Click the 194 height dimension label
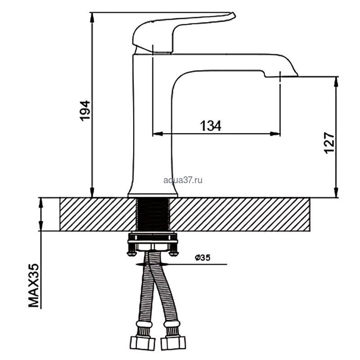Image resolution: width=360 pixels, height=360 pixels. [85, 111]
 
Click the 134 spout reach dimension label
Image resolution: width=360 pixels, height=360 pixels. [211, 126]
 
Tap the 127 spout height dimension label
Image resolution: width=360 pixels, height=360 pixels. [329, 143]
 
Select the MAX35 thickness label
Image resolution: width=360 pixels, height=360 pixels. [33, 285]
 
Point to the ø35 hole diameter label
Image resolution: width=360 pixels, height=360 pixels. [202, 257]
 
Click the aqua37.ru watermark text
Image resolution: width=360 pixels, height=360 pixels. [183, 180]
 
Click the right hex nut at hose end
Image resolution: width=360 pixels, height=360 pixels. [173, 343]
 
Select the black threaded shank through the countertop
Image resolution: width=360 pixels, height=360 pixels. [153, 214]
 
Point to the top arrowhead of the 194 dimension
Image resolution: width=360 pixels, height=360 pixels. [92, 17]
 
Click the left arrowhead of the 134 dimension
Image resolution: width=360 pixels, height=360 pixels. [158, 134]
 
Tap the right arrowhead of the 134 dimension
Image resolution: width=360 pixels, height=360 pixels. [275, 134]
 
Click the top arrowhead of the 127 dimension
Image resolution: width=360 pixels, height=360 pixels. [336, 82]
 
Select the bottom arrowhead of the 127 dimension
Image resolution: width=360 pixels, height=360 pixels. [336, 193]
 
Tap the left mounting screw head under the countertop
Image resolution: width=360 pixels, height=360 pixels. [131, 253]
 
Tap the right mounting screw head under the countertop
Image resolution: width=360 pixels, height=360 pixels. [174, 253]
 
